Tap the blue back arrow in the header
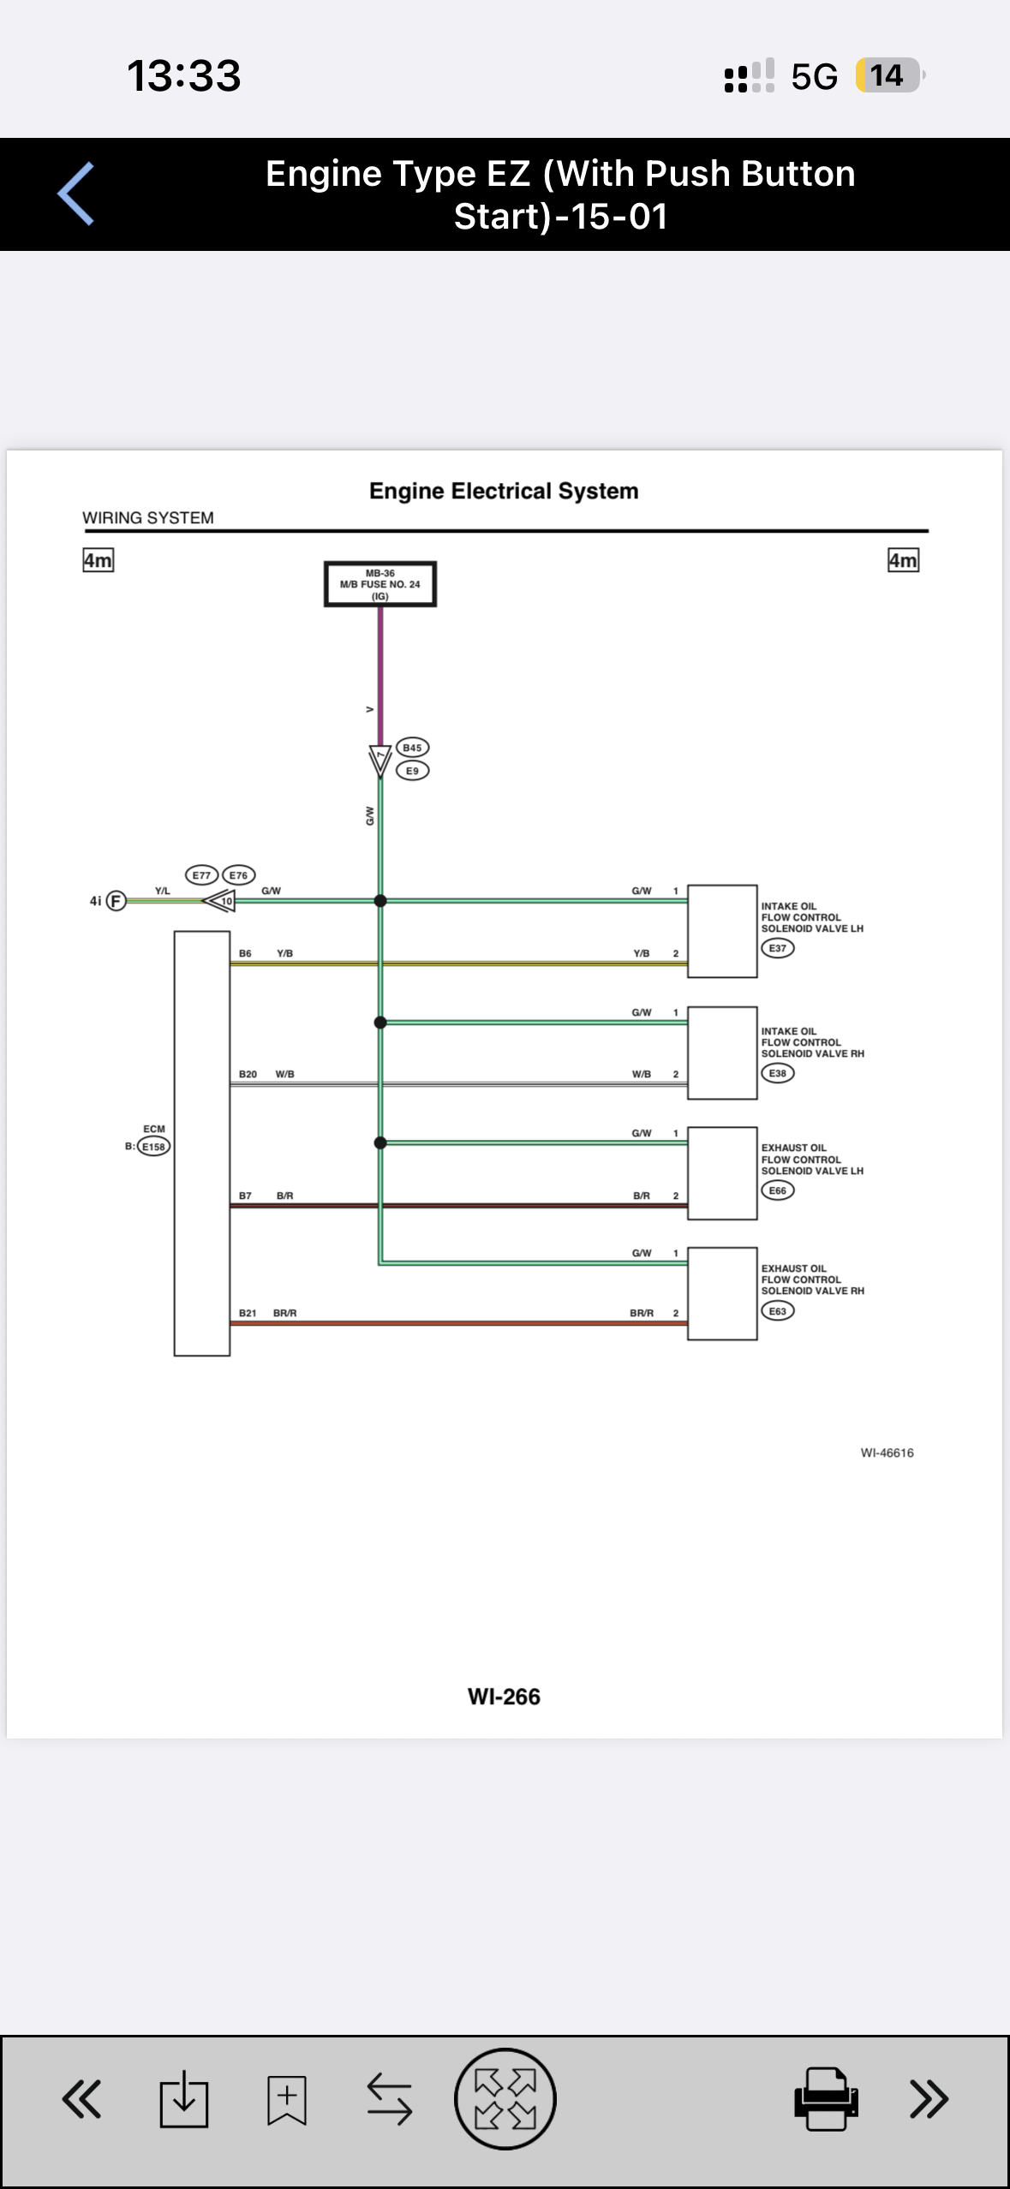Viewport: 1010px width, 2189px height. (x=75, y=194)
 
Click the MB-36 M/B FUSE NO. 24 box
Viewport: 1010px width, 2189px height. (x=380, y=584)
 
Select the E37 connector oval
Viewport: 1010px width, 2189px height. (x=778, y=948)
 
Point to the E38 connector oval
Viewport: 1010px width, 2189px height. (x=778, y=1073)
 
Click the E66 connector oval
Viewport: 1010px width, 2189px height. (x=778, y=1190)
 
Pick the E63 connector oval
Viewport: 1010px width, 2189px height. (x=778, y=1311)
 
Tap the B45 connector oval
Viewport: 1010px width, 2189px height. (x=412, y=748)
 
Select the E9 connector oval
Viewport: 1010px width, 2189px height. (x=412, y=771)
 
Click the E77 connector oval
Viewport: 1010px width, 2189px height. (x=201, y=875)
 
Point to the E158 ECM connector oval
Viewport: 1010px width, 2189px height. (x=154, y=1147)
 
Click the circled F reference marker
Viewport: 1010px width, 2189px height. (x=116, y=901)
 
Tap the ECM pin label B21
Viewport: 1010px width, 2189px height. (x=248, y=1313)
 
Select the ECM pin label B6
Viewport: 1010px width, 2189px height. (x=245, y=953)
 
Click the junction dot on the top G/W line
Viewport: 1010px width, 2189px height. (x=380, y=901)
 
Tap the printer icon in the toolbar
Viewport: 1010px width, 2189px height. (x=826, y=2099)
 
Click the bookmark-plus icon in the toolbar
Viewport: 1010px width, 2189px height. (x=287, y=2099)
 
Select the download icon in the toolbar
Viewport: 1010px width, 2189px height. (x=184, y=2099)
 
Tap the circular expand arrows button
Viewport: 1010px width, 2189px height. (x=505, y=2099)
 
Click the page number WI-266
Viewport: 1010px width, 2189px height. (x=504, y=1697)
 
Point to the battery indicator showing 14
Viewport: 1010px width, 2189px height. (x=889, y=75)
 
